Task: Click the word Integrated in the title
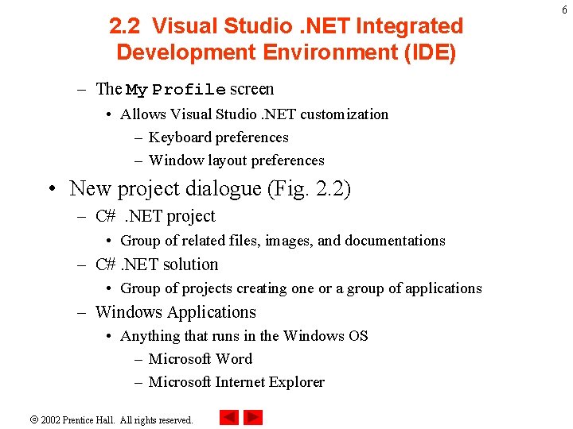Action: tap(410, 26)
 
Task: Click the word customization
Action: tap(344, 114)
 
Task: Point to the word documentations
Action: tap(395, 241)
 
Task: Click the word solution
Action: tap(190, 265)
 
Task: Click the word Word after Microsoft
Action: tap(235, 359)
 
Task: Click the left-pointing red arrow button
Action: tap(229, 417)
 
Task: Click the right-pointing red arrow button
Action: tap(253, 417)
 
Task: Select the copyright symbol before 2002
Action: tap(34, 419)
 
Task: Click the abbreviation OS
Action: tap(358, 336)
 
